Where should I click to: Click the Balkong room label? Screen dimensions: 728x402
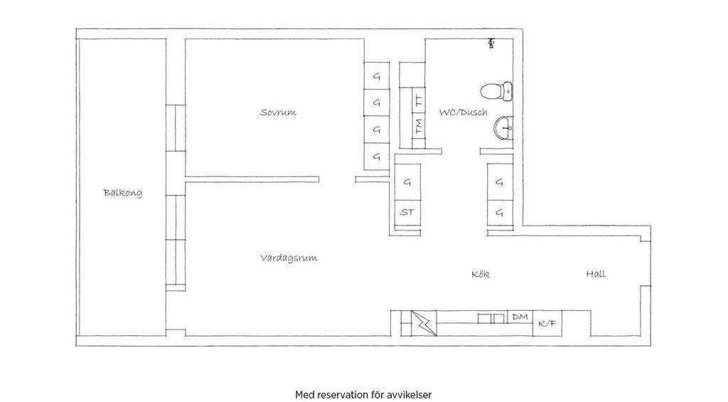point(122,193)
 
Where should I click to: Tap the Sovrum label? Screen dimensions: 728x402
point(278,112)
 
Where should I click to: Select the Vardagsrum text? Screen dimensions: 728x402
point(289,258)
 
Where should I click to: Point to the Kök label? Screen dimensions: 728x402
point(481,274)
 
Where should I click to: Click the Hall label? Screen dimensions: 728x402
point(596,274)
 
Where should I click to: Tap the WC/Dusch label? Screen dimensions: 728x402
point(464,112)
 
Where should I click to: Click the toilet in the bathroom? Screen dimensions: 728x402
point(496,92)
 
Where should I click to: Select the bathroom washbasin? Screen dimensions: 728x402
point(503,128)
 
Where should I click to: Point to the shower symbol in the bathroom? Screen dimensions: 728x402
point(491,43)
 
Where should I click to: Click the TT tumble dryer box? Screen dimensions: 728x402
point(419,100)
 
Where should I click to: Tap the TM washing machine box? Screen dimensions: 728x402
point(419,126)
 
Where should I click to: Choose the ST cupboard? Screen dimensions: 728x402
point(407,213)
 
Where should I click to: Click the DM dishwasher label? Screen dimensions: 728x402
point(520,317)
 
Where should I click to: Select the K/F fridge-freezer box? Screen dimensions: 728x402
point(547,323)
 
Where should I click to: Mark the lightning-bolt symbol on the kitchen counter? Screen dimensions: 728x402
point(424,323)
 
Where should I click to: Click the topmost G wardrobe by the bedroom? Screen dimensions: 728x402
point(377,75)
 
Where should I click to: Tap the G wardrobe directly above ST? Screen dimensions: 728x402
point(407,181)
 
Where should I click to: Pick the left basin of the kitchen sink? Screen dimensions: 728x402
point(484,318)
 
